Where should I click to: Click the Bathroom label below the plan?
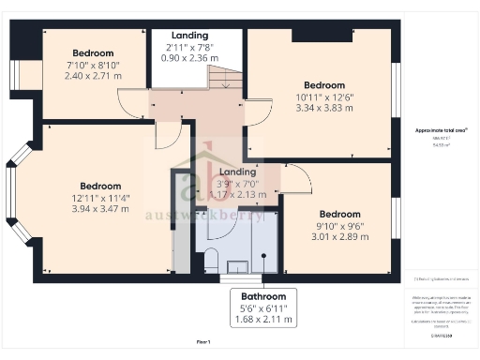coord(262,294)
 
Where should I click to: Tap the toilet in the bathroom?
coord(210,260)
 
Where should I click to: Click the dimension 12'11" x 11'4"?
coord(100,197)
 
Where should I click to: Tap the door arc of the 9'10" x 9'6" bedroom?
coord(297,175)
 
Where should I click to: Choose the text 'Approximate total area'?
coord(441,129)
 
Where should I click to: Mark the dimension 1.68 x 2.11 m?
coord(262,319)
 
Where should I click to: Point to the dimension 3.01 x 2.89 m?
coord(337,226)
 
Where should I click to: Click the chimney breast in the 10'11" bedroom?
coord(321,36)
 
